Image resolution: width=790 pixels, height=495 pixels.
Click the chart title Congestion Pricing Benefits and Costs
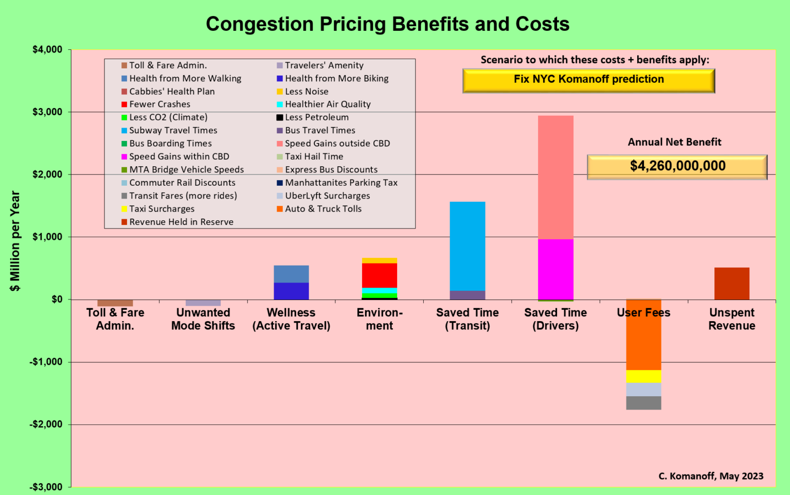(387, 24)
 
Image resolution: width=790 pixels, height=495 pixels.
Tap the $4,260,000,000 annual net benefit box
(677, 167)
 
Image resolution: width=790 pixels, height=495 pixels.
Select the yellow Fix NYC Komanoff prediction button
(588, 80)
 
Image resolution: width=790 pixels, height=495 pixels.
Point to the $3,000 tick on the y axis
(47, 112)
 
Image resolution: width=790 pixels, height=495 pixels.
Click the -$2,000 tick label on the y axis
(46, 425)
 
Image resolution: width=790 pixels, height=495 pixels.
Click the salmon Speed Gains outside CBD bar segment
(555, 177)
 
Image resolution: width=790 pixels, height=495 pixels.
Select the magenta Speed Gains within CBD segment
(555, 269)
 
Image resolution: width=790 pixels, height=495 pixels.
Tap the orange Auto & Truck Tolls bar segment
(643, 334)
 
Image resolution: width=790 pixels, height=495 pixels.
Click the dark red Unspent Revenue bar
(731, 284)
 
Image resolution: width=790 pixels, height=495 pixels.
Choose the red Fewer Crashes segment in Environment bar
(379, 275)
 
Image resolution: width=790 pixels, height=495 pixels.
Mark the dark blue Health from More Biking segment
(291, 291)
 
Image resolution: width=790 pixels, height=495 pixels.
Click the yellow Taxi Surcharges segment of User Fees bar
(643, 376)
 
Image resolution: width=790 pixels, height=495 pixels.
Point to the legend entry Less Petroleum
(317, 117)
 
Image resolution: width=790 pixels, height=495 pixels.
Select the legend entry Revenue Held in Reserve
(181, 222)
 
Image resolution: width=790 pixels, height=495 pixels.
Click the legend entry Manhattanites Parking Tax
(341, 183)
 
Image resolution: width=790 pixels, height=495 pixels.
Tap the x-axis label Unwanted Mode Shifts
(203, 319)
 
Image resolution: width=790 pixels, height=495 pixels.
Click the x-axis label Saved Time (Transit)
(467, 319)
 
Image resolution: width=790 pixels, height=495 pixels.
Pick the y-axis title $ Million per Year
(15, 241)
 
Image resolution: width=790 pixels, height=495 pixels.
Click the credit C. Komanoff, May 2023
(711, 476)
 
